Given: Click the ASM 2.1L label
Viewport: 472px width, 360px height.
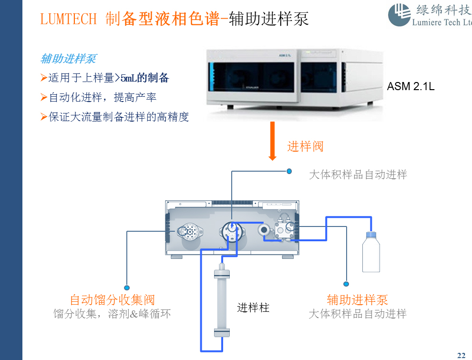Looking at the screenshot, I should pos(410,87).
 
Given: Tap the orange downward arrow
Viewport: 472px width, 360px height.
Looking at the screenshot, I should pos(273,141).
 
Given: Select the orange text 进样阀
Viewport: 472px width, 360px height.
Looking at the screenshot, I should pos(305,146).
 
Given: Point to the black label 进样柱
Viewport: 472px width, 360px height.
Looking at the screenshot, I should pos(253,308).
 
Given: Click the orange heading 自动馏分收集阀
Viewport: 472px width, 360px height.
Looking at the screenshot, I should pos(113,300).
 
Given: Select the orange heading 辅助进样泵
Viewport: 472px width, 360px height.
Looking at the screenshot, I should pos(357,300).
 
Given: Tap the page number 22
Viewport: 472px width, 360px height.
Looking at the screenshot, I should pos(461,355).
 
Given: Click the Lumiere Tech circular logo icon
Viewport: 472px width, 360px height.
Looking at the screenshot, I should pos(399,15).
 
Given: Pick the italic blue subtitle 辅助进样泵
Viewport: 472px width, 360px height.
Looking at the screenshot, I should pos(68,59).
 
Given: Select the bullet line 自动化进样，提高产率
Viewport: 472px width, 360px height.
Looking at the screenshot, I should pos(103,97).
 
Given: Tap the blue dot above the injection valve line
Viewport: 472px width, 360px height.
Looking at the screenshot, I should pos(288,171).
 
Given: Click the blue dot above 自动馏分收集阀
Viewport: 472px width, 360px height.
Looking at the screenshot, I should pos(127,288).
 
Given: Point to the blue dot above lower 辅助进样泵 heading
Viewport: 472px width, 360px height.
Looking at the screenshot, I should pos(346,284).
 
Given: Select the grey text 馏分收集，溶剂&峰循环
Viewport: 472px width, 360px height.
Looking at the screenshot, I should pos(112,314).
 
